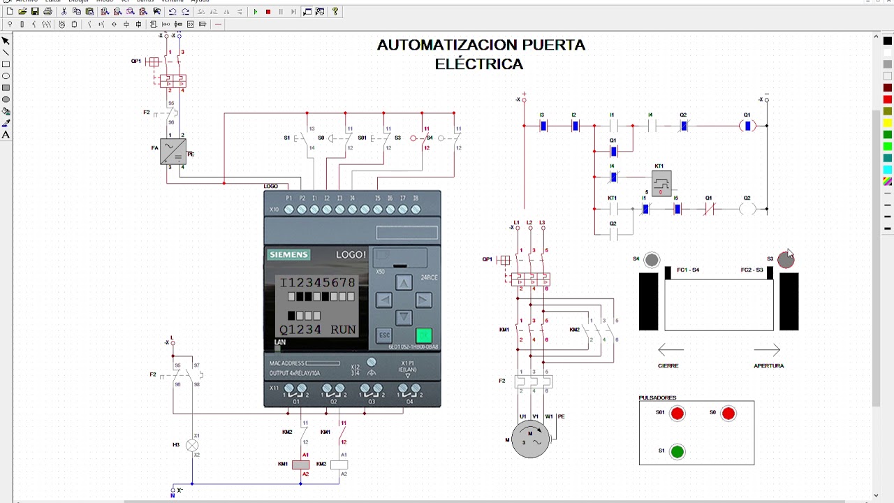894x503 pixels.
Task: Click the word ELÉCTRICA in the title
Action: [478, 64]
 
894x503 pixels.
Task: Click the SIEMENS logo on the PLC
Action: [288, 255]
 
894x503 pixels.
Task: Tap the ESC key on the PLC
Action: [384, 335]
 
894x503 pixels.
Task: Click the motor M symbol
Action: [530, 439]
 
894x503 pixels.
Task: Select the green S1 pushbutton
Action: [677, 451]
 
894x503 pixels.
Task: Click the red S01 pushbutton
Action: [677, 414]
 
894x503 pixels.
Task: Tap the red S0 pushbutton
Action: [728, 414]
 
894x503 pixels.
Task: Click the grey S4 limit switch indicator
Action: [651, 261]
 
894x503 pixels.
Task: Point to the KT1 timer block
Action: [661, 183]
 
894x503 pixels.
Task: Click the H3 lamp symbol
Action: [192, 445]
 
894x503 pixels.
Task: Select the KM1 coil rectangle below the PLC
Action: [300, 465]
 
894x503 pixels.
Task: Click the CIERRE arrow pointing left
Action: [670, 350]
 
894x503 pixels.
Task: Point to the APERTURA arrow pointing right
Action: [766, 350]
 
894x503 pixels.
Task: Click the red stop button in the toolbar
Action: [268, 12]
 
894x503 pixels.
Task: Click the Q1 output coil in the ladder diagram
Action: [747, 126]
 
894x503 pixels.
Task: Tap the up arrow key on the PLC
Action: [404, 283]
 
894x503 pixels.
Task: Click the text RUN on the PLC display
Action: [343, 330]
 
